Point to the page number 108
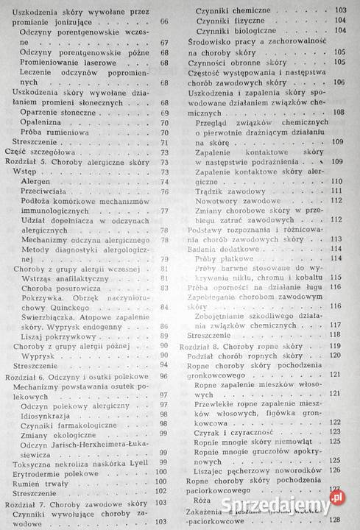339,112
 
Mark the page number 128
339,520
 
